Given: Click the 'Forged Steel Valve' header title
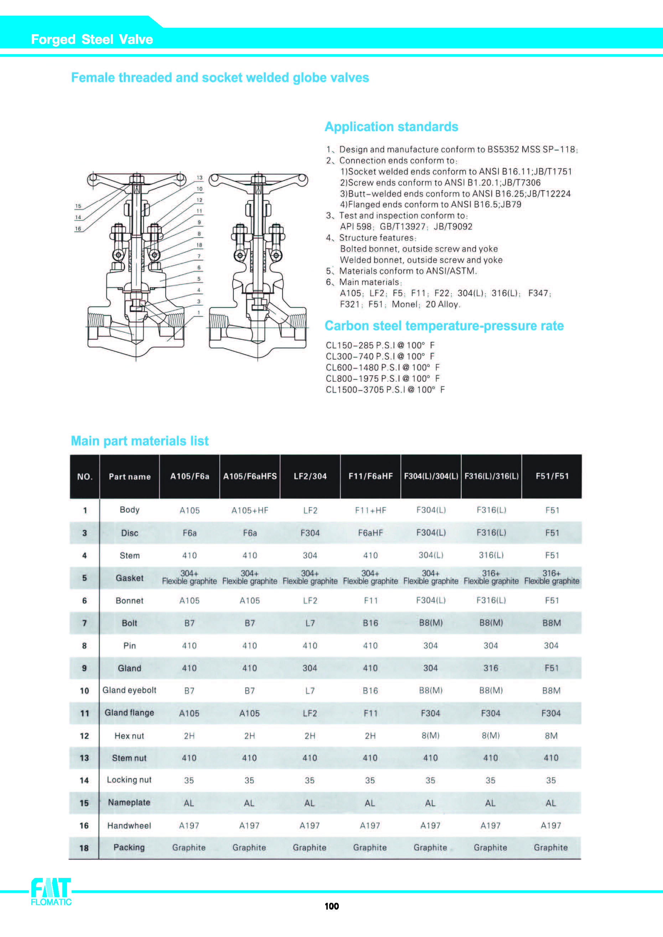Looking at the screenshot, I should coord(92,39).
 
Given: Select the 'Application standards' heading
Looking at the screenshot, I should coord(391,126).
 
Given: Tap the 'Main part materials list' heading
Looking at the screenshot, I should coord(140,441).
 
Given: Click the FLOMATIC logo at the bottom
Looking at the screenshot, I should coord(51,892).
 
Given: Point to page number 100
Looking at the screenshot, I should coord(331,906).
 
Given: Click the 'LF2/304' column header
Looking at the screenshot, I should coord(310,476).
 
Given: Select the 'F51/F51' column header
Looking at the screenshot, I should coord(552,476).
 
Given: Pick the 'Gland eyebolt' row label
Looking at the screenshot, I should coord(129,690).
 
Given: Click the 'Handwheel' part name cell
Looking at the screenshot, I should coord(129,826).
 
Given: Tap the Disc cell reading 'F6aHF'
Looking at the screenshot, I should coord(370,533).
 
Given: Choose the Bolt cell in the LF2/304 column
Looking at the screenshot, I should coord(310,623).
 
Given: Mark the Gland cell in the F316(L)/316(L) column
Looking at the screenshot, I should coord(491,668).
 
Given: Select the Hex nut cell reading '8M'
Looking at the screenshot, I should coord(551,736).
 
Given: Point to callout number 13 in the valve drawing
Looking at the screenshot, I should coord(200,177).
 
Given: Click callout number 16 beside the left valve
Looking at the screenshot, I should coord(78,229).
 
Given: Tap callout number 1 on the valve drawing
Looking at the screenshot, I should coord(199,313).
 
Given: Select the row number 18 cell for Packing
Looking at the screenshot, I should coord(84,848).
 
